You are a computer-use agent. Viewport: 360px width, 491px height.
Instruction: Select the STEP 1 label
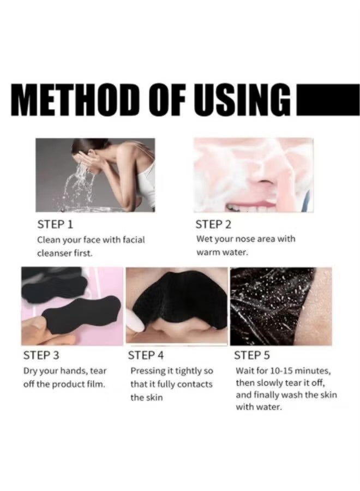coord(55,224)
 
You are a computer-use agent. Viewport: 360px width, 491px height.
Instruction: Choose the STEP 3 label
coord(41,356)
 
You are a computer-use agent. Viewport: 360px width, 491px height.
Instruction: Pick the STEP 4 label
coord(146,356)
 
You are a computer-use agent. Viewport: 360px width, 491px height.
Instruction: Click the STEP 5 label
coord(251,356)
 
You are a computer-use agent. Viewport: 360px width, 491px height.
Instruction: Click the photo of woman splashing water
coord(95,174)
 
